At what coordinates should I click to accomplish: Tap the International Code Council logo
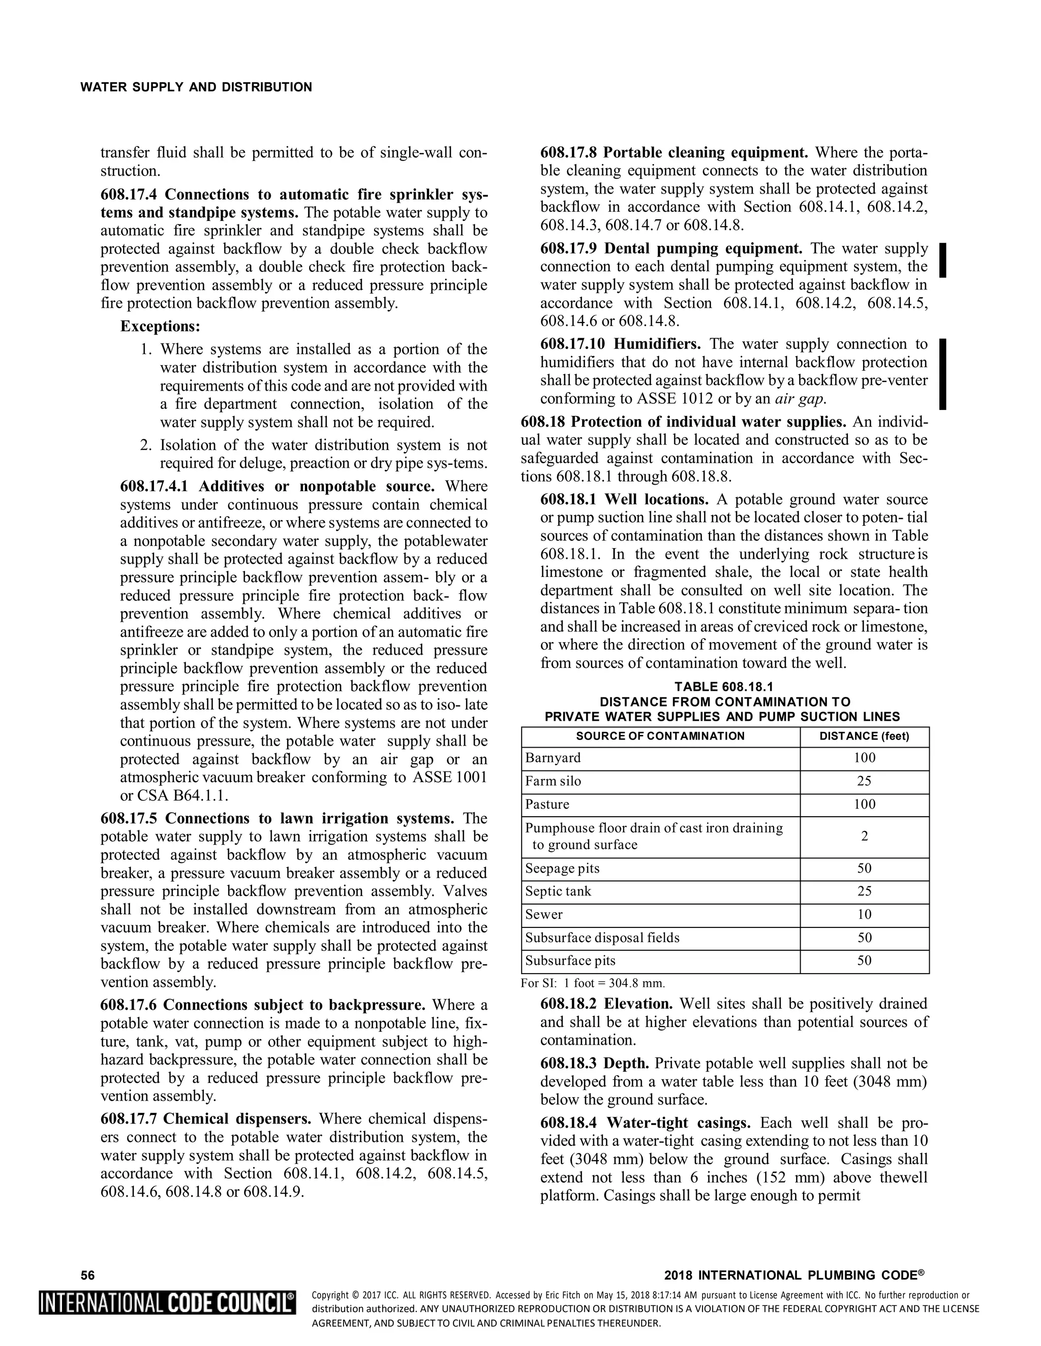(x=167, y=1303)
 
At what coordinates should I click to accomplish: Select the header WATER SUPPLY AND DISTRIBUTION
(x=196, y=87)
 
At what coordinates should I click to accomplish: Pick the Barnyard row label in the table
(x=553, y=758)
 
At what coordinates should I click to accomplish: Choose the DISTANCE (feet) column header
(x=864, y=736)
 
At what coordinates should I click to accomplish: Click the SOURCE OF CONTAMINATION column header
(x=660, y=736)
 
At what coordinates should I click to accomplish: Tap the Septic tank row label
(x=558, y=891)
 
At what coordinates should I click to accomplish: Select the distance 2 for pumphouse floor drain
(x=864, y=837)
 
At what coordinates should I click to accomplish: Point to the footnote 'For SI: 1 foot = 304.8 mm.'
(x=593, y=983)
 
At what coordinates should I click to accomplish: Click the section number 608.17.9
(x=569, y=249)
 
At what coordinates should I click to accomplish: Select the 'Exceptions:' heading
(x=160, y=326)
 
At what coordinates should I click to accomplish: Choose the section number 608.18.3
(x=569, y=1064)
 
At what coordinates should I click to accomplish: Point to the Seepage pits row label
(x=563, y=869)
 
